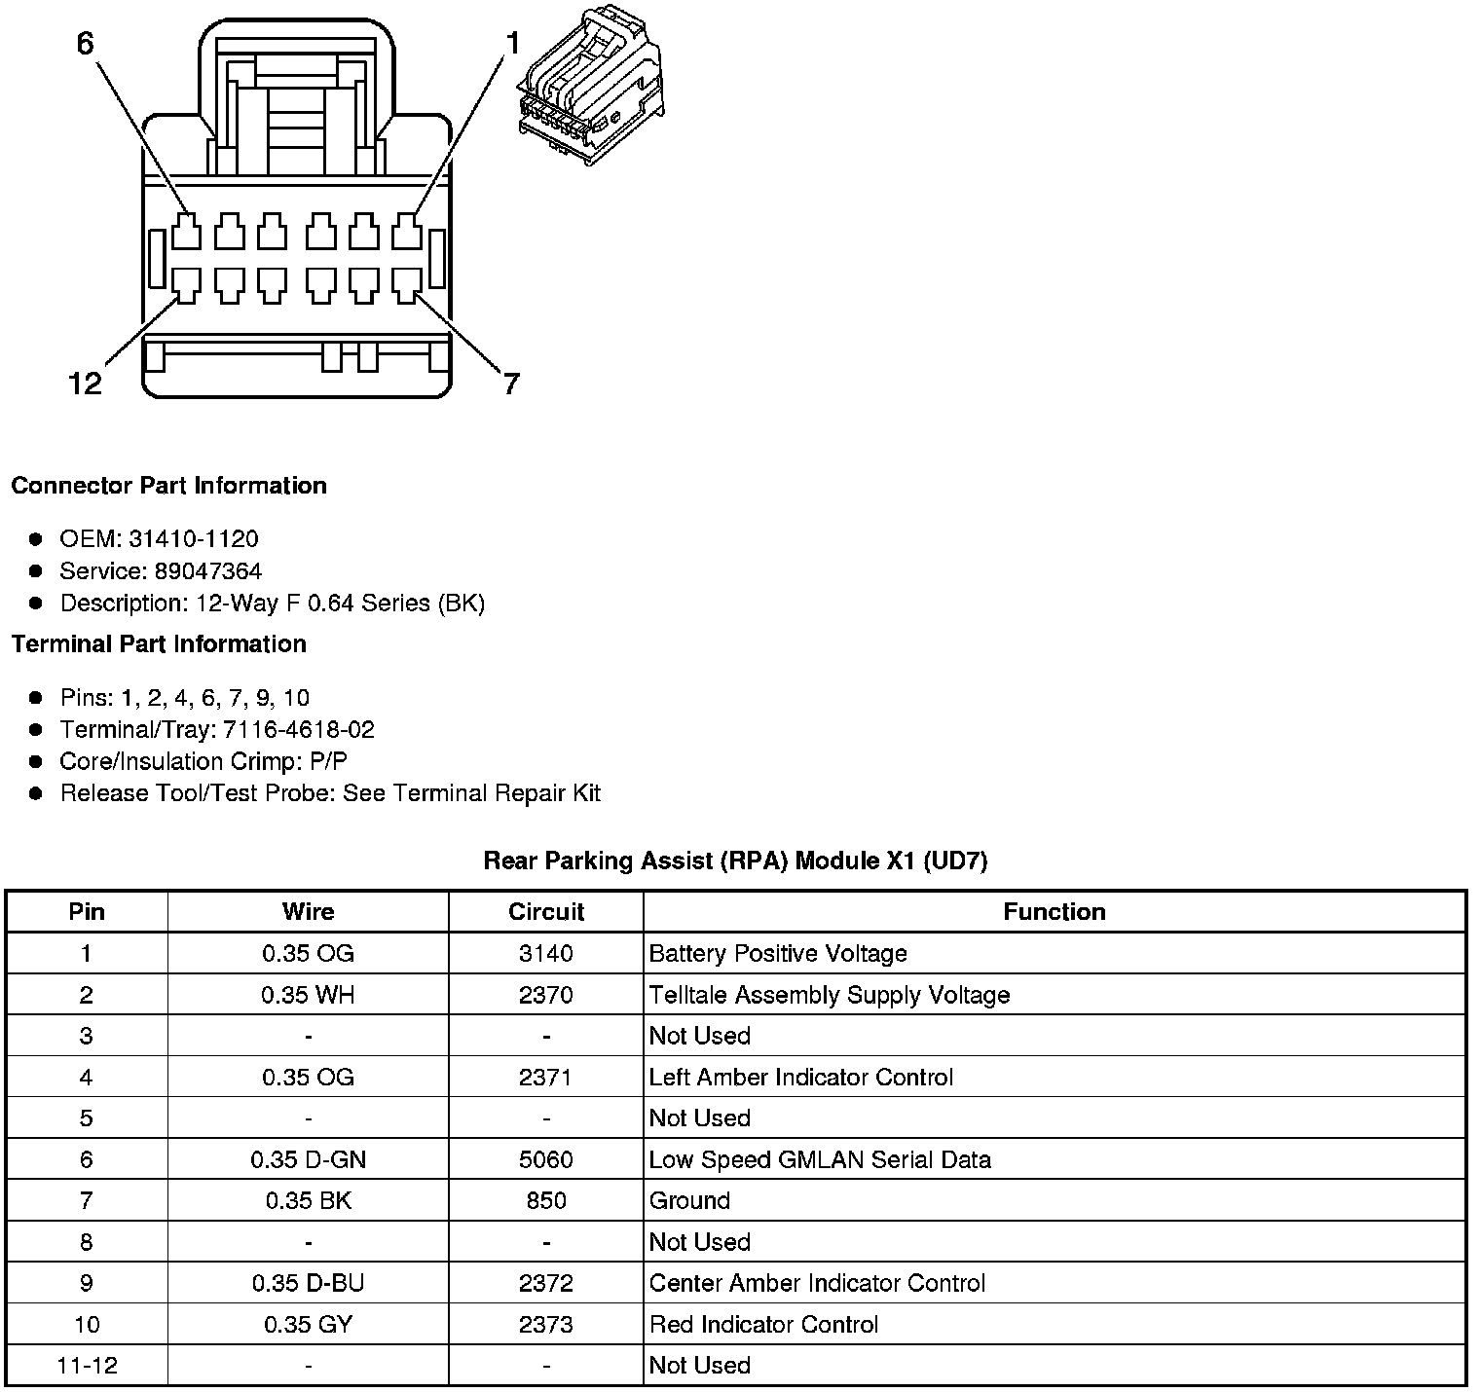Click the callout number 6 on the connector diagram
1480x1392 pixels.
click(x=85, y=44)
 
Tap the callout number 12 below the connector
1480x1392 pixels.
click(x=85, y=384)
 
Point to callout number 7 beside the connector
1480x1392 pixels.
click(x=511, y=384)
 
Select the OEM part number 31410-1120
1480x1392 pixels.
click(x=193, y=539)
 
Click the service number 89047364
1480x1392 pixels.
click(x=207, y=571)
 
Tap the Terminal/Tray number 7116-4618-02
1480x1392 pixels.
click(x=298, y=730)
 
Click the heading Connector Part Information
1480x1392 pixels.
click(x=168, y=486)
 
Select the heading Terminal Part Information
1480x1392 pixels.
click(x=159, y=644)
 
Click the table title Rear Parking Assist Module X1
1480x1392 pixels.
click(x=735, y=861)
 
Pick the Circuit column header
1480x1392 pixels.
click(x=545, y=912)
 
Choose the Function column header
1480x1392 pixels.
click(x=1054, y=912)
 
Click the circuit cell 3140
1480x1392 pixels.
click(x=545, y=954)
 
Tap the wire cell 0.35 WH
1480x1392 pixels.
click(x=308, y=995)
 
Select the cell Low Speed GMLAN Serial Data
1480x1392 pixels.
click(x=820, y=1159)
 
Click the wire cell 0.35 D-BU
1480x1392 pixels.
click(x=308, y=1283)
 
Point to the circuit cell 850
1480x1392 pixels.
click(x=545, y=1200)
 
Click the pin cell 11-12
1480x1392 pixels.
click(x=87, y=1366)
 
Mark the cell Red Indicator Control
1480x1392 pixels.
click(x=763, y=1325)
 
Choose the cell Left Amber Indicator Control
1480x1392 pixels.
click(x=800, y=1078)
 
